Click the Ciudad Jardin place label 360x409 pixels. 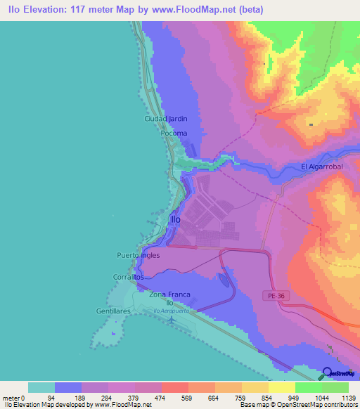coord(166,119)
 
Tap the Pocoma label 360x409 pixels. coord(174,133)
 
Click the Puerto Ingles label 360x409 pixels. coord(139,255)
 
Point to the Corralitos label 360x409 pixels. coord(129,278)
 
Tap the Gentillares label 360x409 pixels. coord(113,311)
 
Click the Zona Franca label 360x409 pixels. coord(170,294)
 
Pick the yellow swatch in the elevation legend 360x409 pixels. coord(281,387)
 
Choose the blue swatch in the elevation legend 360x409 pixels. coord(68,387)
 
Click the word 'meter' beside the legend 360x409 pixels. coord(11,397)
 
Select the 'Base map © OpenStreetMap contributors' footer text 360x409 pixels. coord(298,405)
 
